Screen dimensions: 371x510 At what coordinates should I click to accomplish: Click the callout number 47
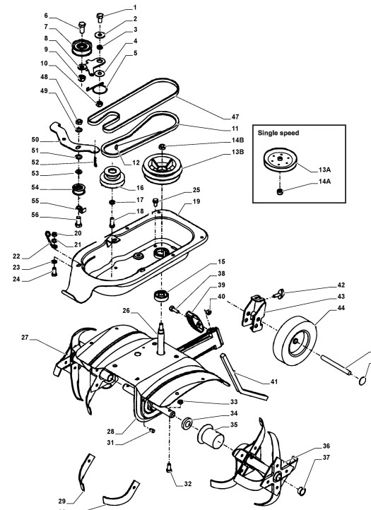pos(235,117)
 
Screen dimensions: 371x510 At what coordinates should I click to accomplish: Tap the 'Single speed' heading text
pos(278,133)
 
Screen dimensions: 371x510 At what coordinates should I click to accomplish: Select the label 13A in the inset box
pos(324,170)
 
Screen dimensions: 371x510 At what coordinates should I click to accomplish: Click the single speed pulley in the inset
pos(281,160)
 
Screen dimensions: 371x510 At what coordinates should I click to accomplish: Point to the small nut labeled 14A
pos(280,192)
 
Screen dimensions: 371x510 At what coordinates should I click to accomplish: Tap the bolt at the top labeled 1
pos(100,17)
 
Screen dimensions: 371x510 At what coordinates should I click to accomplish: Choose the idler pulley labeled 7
pos(82,47)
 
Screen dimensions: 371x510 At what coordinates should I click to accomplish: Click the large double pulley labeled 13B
pos(162,169)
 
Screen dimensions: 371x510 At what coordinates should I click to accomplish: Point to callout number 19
pos(196,201)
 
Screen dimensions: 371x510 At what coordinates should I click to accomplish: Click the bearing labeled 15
pos(161,295)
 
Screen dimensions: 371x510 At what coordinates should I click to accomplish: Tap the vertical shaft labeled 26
pos(162,338)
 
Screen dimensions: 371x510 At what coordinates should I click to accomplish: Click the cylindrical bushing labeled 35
pos(211,436)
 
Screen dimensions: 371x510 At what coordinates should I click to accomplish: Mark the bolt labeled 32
pos(169,468)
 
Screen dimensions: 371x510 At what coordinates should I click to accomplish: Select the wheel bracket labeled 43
pos(254,313)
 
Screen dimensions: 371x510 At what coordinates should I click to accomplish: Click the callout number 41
pos(274,381)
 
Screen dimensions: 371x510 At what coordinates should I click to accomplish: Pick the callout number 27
pos(25,338)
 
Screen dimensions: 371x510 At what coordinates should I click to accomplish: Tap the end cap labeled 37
pos(302,490)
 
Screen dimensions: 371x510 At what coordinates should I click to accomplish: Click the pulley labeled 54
pos(78,189)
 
